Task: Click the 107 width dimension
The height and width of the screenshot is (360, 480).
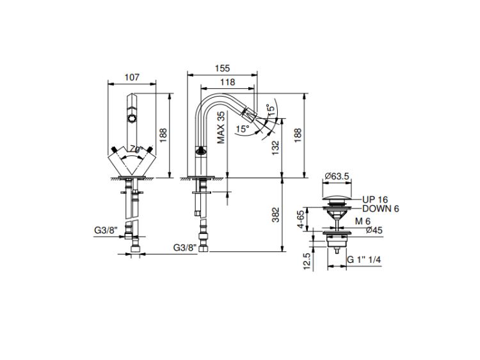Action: tap(132, 77)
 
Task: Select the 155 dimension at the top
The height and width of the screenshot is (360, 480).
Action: tap(222, 68)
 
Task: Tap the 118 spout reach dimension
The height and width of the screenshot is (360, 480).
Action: tap(227, 82)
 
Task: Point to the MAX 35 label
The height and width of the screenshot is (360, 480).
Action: tap(221, 127)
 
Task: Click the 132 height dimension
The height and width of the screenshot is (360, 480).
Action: tap(275, 148)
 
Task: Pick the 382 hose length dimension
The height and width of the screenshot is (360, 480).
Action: tap(275, 215)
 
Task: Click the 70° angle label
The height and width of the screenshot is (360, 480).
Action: tap(136, 150)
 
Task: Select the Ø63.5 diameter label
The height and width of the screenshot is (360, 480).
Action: tap(337, 176)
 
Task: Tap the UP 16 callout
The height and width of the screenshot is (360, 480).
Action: tap(375, 200)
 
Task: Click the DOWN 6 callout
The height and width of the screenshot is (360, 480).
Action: tap(381, 209)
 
